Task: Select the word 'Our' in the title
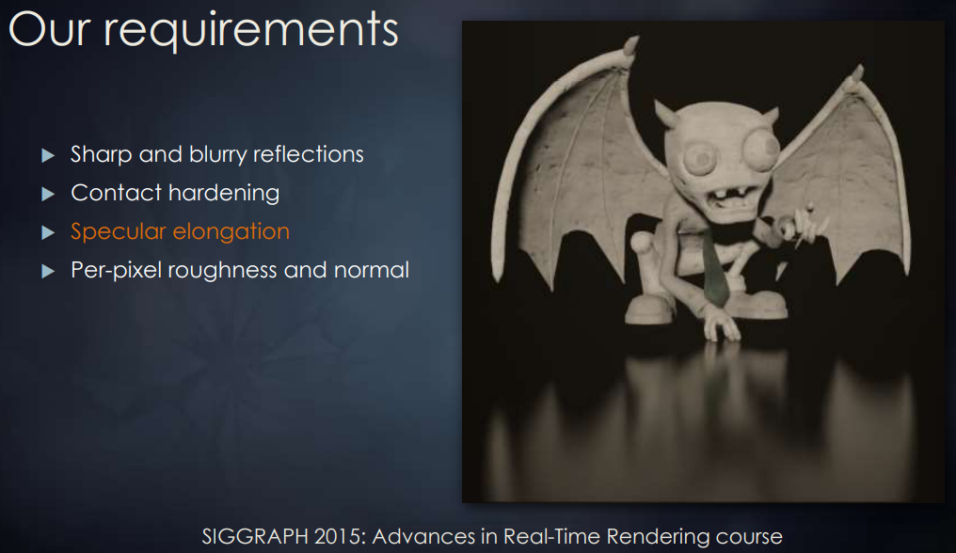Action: click(x=49, y=28)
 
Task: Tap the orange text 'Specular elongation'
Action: click(x=180, y=231)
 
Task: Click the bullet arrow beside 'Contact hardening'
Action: click(x=48, y=194)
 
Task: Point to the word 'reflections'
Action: click(x=308, y=154)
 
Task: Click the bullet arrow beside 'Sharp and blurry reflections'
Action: click(x=48, y=155)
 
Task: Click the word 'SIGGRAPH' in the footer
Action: click(x=255, y=536)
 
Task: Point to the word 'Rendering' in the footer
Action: click(x=658, y=536)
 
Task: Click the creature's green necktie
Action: click(x=714, y=268)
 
